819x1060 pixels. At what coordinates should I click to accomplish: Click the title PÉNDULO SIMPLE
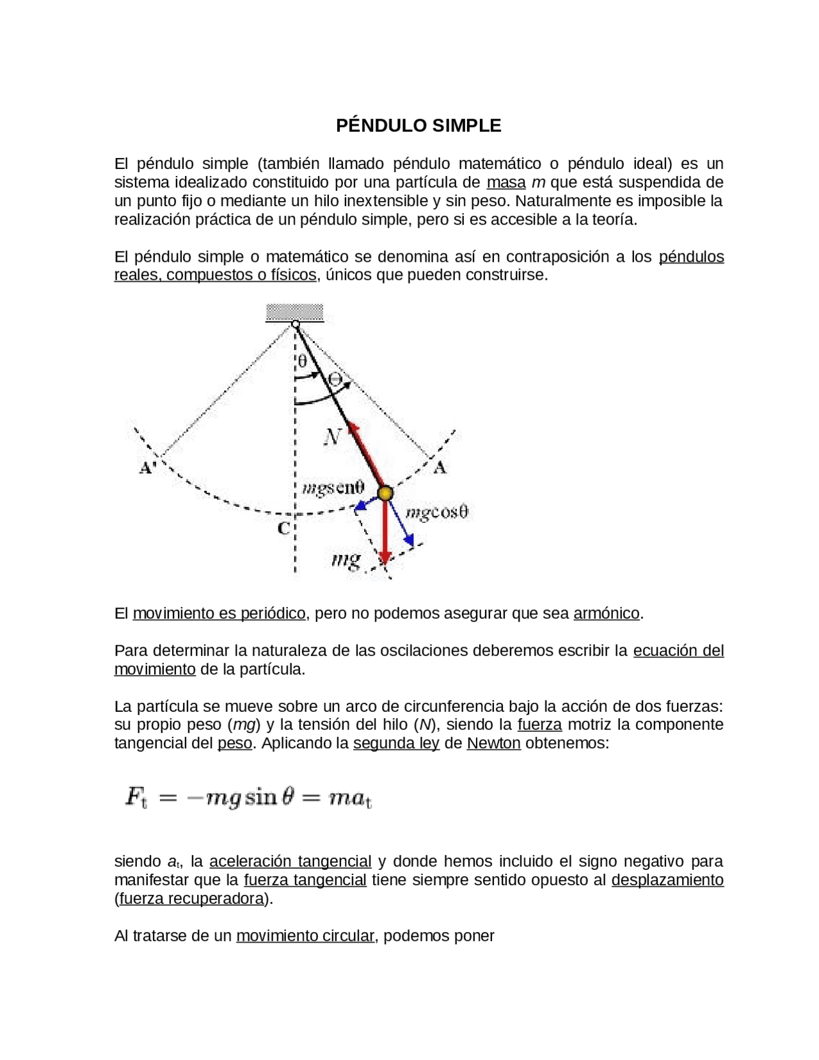coord(418,125)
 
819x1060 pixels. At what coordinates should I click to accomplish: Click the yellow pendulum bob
coord(385,493)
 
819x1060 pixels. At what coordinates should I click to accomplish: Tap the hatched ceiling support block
coord(294,312)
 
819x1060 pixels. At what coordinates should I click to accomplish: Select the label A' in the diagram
coord(148,468)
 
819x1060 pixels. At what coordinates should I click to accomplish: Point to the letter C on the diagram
coord(283,528)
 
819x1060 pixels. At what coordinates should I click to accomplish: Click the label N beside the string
coord(332,437)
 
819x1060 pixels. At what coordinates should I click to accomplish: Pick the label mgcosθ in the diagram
coord(437,512)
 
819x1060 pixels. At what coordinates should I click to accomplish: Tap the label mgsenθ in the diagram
coord(332,488)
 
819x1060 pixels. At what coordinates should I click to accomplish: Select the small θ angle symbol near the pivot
coord(302,361)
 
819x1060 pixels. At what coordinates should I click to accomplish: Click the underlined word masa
coord(505,182)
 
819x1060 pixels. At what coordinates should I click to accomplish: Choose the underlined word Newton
coord(493,743)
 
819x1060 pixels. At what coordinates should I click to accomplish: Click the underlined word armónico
coord(606,613)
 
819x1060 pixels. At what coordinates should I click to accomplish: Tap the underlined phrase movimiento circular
coord(305,936)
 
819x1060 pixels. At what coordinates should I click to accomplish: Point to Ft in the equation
coord(136,798)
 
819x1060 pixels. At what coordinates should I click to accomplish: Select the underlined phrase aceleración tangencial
coord(290,861)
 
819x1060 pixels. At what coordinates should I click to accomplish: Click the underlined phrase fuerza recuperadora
coord(191,899)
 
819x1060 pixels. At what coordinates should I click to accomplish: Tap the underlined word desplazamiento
coord(667,880)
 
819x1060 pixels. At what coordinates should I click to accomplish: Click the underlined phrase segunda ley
coord(396,743)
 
